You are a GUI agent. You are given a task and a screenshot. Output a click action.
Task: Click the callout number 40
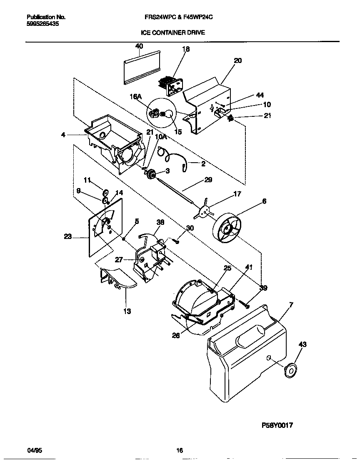tap(139, 46)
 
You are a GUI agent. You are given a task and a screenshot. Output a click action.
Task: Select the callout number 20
tap(237, 60)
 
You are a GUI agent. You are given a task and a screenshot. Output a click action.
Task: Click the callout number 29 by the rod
tap(208, 180)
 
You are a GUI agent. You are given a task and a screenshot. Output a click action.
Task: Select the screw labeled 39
tap(246, 305)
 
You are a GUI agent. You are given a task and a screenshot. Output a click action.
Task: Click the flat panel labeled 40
tap(142, 67)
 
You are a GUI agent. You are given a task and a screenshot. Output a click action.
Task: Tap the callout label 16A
tap(136, 96)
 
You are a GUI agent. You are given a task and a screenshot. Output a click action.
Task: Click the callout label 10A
tap(161, 137)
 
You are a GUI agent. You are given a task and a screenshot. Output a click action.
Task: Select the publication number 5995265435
tap(42, 24)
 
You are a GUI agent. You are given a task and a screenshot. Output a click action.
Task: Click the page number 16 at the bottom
tap(180, 450)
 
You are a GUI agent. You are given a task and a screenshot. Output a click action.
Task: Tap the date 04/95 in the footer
tap(35, 450)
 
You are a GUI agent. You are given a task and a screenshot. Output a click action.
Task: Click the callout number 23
tap(67, 236)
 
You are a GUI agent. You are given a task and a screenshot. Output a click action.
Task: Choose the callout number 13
tap(127, 311)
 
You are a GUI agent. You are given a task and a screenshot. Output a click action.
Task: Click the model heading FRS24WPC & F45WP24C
tap(179, 17)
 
